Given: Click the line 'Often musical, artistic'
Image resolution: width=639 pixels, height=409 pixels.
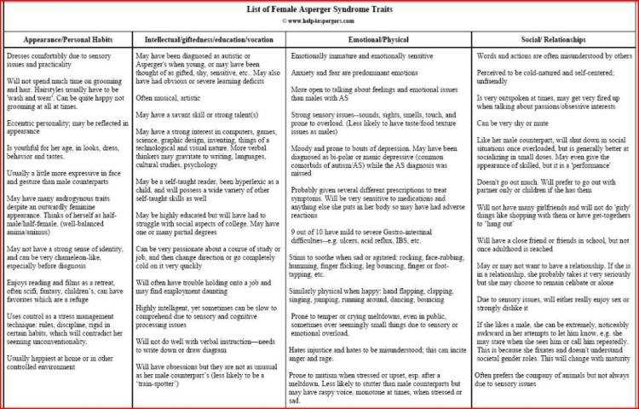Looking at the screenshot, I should tap(170, 99).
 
